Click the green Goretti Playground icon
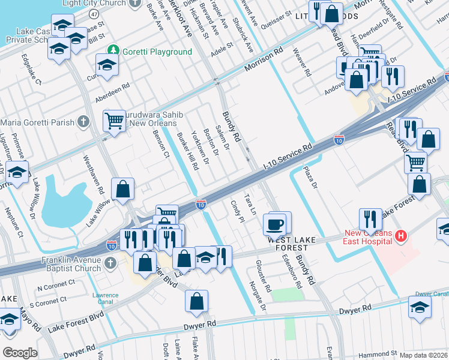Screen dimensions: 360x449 [112, 52]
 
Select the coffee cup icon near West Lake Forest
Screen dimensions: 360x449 [275, 225]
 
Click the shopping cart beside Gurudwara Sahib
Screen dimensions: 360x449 [113, 121]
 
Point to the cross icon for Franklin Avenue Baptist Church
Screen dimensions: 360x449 [110, 263]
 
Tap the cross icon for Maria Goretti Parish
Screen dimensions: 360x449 [83, 122]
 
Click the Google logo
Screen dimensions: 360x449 [20, 353]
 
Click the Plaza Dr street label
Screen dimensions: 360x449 [310, 178]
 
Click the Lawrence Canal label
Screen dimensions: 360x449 [106, 298]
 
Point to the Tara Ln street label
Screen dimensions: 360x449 [250, 204]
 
